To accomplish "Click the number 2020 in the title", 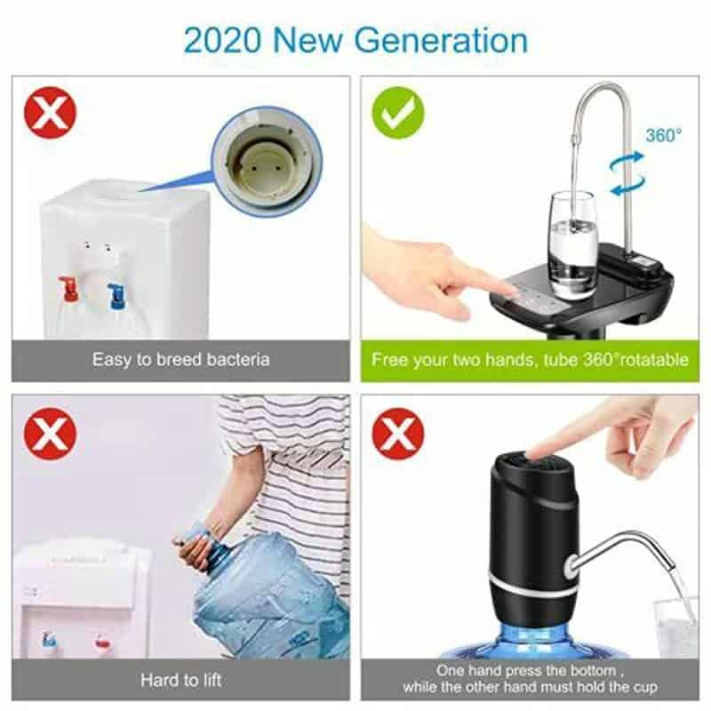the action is coord(223,40).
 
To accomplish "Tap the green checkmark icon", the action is coord(397,113).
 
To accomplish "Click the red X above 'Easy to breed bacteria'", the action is coord(51,113).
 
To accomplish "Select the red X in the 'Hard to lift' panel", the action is coord(51,434).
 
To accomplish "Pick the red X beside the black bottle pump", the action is coord(397,434).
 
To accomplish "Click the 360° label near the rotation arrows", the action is coord(663,135).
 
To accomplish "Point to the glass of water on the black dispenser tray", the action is coord(572,245).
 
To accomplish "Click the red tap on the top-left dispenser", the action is coord(69,288).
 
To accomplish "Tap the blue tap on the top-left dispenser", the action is coord(117,296).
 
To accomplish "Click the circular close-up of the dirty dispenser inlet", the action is coord(268,161).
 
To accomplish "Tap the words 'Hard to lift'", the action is coord(181,680).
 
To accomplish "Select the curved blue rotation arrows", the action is coord(627,173).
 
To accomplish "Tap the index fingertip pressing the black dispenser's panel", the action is coord(512,287).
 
